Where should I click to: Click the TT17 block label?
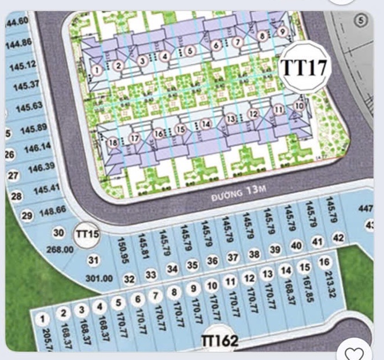(x=304, y=68)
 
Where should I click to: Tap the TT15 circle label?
(x=87, y=234)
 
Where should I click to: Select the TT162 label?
(x=219, y=341)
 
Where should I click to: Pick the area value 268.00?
(x=60, y=250)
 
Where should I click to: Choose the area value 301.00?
(x=99, y=278)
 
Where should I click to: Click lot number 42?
(x=338, y=238)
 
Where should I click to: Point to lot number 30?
(x=59, y=233)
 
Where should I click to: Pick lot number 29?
(x=27, y=216)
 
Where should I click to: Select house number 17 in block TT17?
(x=135, y=138)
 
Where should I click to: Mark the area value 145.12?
(x=23, y=65)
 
